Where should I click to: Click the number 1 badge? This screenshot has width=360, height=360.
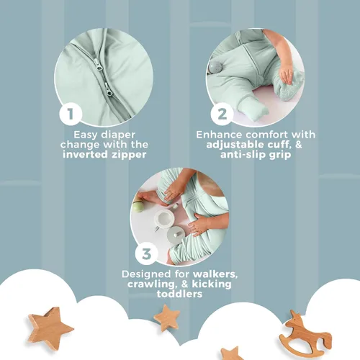click(71, 114)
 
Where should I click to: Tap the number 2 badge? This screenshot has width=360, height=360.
click(222, 114)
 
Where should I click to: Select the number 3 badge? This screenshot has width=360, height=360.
click(146, 253)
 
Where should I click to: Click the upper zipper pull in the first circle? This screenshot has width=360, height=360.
click(99, 66)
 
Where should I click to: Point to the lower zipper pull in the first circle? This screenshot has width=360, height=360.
click(109, 90)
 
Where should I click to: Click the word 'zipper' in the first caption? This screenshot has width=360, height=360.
click(129, 155)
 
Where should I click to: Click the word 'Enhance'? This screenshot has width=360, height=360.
click(219, 135)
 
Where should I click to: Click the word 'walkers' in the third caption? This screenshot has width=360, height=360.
click(215, 274)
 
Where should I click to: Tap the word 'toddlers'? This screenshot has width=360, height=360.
click(179, 294)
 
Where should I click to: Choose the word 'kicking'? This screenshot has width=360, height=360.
click(212, 284)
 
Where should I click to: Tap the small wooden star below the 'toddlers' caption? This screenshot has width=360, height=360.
click(167, 318)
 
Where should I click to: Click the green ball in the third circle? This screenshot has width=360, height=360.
click(138, 207)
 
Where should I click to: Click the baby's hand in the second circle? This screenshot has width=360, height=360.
click(287, 74)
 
